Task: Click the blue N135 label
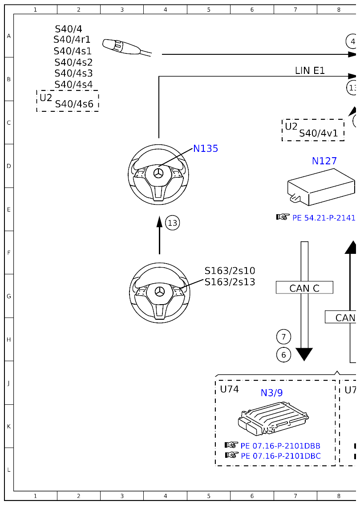(x=206, y=149)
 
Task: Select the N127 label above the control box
(x=324, y=161)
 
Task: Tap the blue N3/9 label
(x=271, y=393)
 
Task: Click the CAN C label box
(x=304, y=288)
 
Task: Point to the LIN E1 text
(x=310, y=70)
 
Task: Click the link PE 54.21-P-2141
(x=324, y=218)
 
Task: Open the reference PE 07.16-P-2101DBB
(x=280, y=446)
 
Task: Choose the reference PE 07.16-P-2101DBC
(x=280, y=456)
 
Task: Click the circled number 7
(x=283, y=337)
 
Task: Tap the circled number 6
(x=283, y=355)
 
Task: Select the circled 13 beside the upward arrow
(x=173, y=223)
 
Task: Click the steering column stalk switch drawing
(x=125, y=47)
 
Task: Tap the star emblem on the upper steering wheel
(x=158, y=174)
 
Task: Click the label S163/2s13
(x=230, y=282)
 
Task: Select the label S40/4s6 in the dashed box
(x=74, y=104)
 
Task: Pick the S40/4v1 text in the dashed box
(x=318, y=133)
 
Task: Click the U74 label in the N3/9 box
(x=229, y=389)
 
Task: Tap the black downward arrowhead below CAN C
(x=304, y=354)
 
